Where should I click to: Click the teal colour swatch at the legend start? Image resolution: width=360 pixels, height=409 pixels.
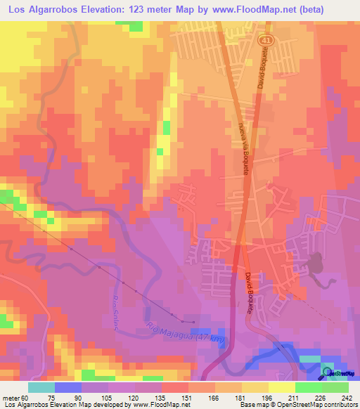[42, 387]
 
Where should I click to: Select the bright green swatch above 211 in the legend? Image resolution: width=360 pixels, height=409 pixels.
[309, 387]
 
